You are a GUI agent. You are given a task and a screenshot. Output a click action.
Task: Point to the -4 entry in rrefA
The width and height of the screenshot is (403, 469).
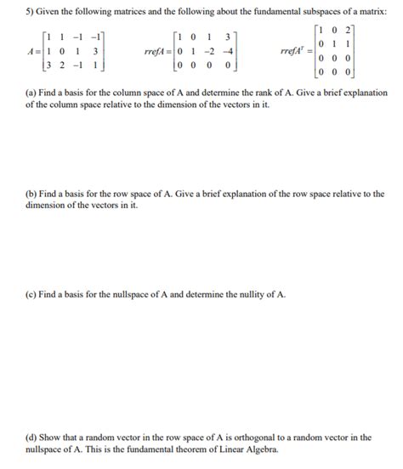pos(225,51)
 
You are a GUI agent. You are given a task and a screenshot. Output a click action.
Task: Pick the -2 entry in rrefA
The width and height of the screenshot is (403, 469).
pos(208,51)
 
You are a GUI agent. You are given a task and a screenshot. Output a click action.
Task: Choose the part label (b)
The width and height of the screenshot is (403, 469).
pos(31,194)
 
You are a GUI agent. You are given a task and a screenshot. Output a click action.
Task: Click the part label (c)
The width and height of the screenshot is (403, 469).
pos(31,294)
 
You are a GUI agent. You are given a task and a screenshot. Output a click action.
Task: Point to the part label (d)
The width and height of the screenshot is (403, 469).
pos(31,438)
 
